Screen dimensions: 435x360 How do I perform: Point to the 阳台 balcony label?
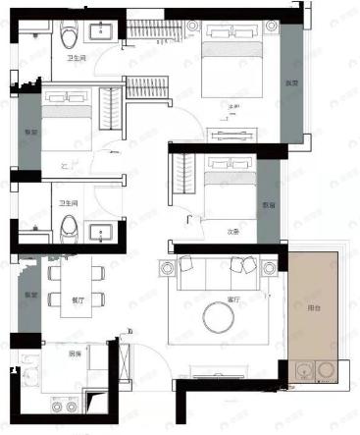314,307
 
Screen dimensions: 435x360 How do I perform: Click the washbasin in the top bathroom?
101,33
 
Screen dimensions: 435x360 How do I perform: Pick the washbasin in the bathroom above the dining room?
101,231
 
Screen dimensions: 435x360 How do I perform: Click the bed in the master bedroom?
234,67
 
